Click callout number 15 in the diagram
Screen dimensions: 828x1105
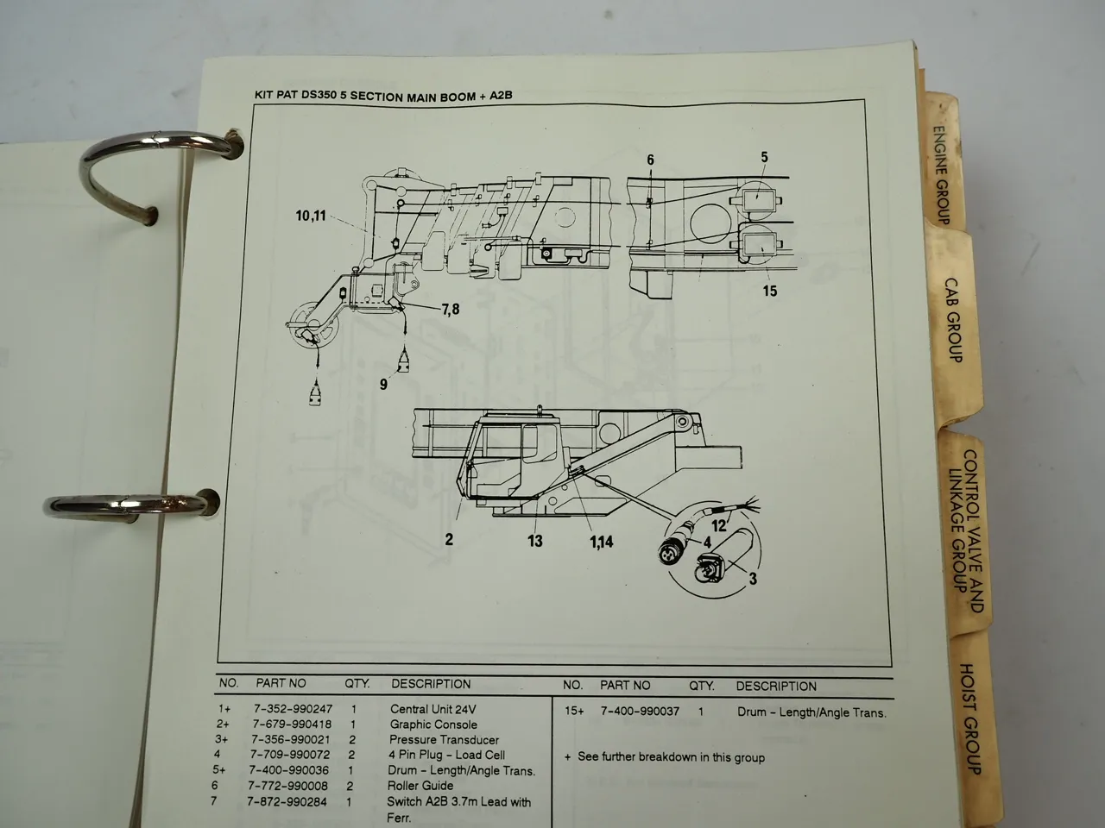click(769, 291)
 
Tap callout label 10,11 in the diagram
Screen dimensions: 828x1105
click(311, 216)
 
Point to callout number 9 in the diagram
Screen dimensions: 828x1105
click(384, 384)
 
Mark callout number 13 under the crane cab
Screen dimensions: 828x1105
click(535, 541)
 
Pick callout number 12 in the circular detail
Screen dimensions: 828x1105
click(719, 523)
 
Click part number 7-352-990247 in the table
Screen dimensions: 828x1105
click(292, 709)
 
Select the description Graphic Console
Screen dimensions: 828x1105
click(433, 724)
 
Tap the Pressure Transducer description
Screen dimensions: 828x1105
click(444, 740)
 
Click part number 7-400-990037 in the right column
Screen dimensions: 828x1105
click(639, 712)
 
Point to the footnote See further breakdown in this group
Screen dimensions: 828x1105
click(671, 757)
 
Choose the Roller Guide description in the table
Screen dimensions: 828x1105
click(421, 786)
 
